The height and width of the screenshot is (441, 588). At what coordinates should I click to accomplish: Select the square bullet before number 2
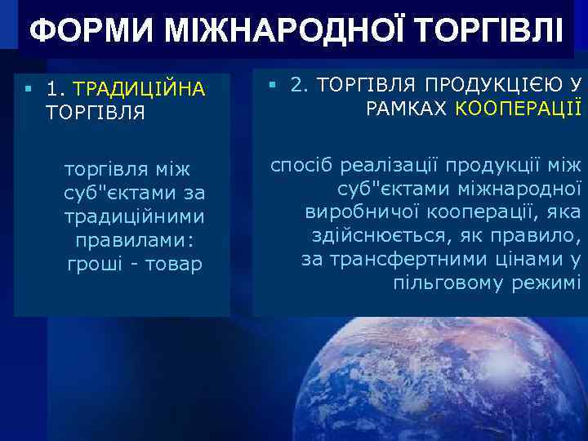pos(271,82)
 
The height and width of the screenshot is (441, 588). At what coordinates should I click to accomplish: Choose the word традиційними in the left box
pos(134,217)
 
